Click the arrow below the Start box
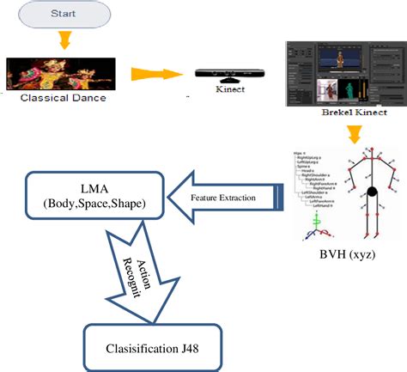(64, 40)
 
